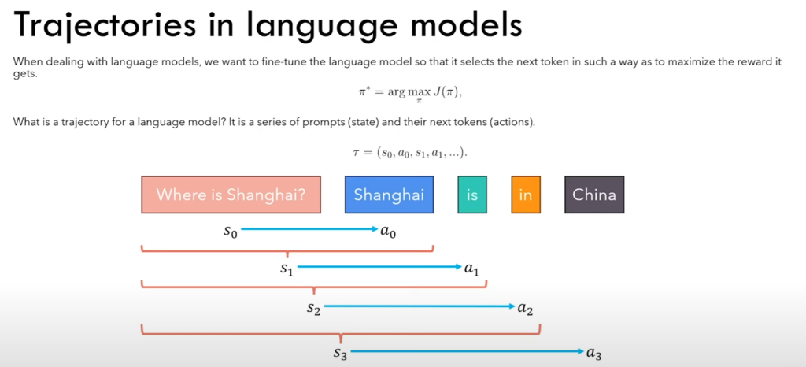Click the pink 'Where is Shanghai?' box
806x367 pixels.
pyautogui.click(x=231, y=195)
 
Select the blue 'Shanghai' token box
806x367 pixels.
pyautogui.click(x=389, y=195)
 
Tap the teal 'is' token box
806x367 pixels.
pyautogui.click(x=472, y=195)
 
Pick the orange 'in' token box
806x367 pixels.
pyautogui.click(x=526, y=195)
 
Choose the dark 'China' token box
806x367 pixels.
pyautogui.click(x=594, y=195)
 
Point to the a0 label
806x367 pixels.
pyautogui.click(x=388, y=232)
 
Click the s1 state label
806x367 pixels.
pyautogui.click(x=287, y=269)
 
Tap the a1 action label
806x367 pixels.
pyautogui.click(x=471, y=269)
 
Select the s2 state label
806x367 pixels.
pyautogui.click(x=313, y=309)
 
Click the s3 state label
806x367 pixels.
pyautogui.click(x=340, y=353)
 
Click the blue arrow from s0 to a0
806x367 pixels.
pyautogui.click(x=309, y=229)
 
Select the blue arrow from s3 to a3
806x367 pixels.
pyautogui.click(x=468, y=351)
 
